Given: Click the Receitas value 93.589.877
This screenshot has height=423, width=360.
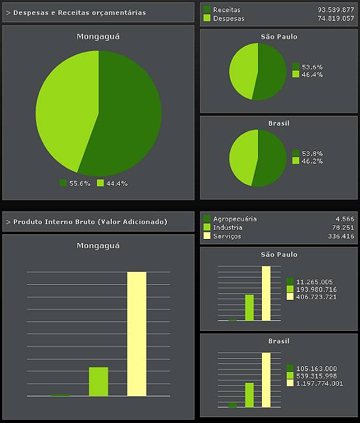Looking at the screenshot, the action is coord(336,10).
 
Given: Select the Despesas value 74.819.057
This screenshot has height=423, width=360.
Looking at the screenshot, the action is coord(336,18).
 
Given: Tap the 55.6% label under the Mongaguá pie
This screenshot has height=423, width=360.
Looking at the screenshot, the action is coord(80,183).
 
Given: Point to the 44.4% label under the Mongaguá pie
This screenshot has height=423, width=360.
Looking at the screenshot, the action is coord(117,183).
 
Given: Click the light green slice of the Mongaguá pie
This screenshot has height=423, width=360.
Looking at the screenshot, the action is coord(67,111).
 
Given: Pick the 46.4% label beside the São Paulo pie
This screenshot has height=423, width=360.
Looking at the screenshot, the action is coord(312,75).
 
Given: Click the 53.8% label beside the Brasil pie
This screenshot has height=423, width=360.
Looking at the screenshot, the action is coord(312,153).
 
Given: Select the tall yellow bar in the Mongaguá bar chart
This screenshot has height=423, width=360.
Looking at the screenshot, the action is coord(137,334).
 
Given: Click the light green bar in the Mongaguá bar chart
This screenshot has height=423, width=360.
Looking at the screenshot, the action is coord(99,382).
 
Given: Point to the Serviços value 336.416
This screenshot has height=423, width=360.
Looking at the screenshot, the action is coord(341,236).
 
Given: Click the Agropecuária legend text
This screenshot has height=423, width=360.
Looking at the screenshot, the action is coord(235,219).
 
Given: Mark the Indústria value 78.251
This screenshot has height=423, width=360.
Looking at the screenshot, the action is coord(343,228).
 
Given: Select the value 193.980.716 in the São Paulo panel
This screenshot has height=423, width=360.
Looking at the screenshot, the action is coord(317,289).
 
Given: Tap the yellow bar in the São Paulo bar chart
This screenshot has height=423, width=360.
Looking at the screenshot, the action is coord(266,293).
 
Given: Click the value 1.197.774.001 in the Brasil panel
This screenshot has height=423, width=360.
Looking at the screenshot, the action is coord(319,384).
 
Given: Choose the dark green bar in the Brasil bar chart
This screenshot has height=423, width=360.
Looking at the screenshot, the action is coord(233,405).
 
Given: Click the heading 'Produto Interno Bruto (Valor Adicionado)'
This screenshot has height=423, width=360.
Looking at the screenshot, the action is coord(90,222).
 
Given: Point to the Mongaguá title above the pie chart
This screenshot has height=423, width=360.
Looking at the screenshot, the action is coord(98,37).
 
